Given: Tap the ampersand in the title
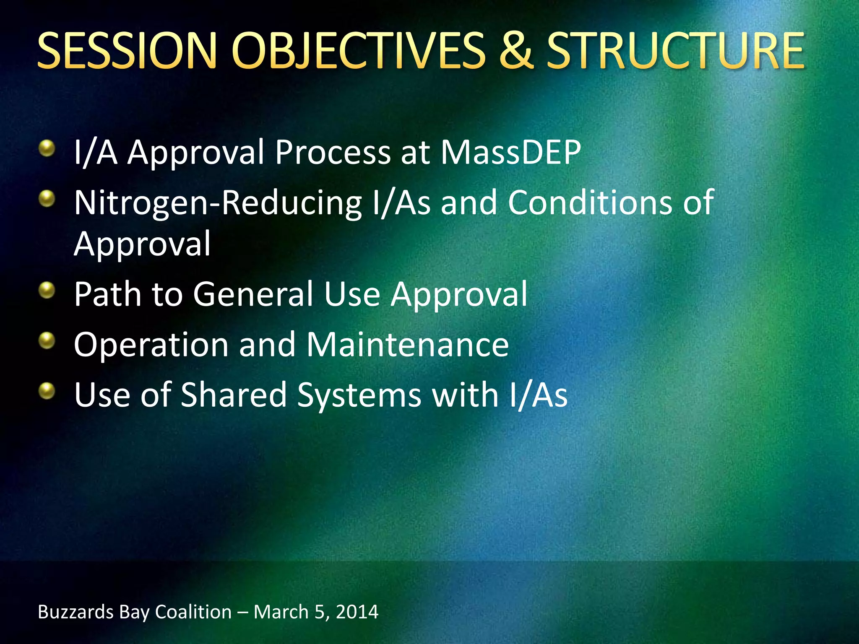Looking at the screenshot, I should pyautogui.click(x=516, y=51).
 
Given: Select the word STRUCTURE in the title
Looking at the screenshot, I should pyautogui.click(x=676, y=51).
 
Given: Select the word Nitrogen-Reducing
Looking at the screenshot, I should pyautogui.click(x=218, y=203).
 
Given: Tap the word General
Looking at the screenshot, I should pyautogui.click(x=253, y=294).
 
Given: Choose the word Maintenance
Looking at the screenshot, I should pyautogui.click(x=408, y=345).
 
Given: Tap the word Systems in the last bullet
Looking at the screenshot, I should pyautogui.click(x=359, y=396).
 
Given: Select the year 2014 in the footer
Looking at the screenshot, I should pyautogui.click(x=357, y=612).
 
